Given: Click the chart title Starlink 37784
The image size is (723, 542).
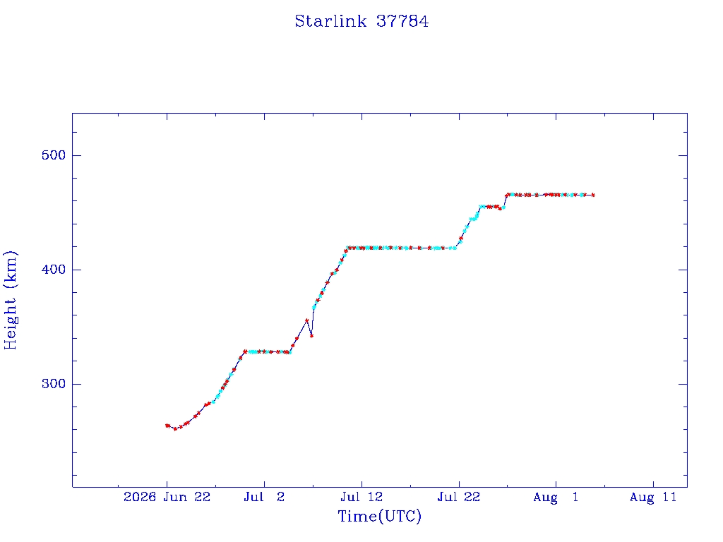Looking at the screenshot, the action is click(x=361, y=21).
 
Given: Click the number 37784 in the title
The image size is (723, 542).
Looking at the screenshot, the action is click(x=402, y=21).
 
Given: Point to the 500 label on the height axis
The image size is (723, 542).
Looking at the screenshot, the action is click(x=54, y=155).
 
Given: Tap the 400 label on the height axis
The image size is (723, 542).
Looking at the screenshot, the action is click(x=54, y=270).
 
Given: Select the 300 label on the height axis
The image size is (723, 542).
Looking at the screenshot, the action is click(x=54, y=384).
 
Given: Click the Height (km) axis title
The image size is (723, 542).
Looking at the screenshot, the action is click(x=11, y=300).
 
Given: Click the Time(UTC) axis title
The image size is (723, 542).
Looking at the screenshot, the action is click(x=379, y=516).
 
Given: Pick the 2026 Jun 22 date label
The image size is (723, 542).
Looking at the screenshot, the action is click(x=167, y=497).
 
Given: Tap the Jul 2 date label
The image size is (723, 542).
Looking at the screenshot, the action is click(x=264, y=497).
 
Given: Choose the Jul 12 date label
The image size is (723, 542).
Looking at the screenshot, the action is click(x=361, y=497).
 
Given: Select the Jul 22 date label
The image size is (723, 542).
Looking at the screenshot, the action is click(x=459, y=497).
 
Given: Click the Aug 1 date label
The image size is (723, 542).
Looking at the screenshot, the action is click(x=556, y=497).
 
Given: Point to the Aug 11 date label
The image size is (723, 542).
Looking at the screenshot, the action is click(x=653, y=497).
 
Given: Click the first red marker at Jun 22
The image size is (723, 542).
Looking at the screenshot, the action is click(x=167, y=426).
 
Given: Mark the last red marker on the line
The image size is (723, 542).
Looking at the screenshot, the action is click(x=593, y=195).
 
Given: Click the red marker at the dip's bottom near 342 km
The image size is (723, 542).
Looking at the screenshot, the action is click(x=311, y=336).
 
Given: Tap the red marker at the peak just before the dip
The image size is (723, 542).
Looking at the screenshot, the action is click(x=306, y=320).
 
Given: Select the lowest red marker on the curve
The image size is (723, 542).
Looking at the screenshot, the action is click(x=175, y=429).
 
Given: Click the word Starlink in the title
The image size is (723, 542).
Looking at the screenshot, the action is click(x=330, y=21).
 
